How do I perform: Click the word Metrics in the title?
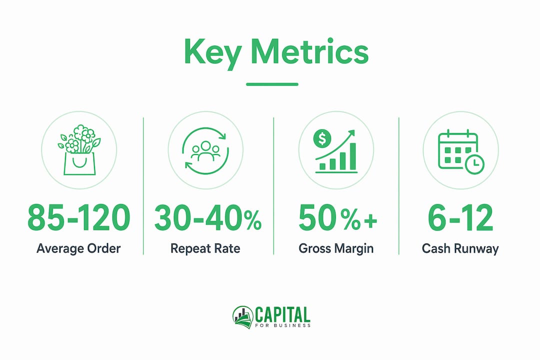point(310,51)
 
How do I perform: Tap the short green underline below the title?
point(272,84)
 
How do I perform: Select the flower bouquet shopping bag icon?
point(79,150)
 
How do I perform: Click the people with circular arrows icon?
point(205,150)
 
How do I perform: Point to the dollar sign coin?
point(322,138)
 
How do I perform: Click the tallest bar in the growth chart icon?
point(352,156)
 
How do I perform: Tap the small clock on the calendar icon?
point(474,164)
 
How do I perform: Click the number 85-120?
point(79,218)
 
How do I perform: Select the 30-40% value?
point(207,218)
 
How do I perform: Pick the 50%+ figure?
point(338,218)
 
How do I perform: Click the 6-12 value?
point(460,218)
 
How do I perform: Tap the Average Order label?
point(79,248)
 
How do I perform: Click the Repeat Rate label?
point(205,248)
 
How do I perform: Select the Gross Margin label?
point(336,248)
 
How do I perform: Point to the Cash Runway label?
point(460,248)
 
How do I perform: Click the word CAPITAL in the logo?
point(282,314)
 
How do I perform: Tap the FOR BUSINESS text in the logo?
point(282,325)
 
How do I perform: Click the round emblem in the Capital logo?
point(243,317)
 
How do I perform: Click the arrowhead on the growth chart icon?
point(351,133)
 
